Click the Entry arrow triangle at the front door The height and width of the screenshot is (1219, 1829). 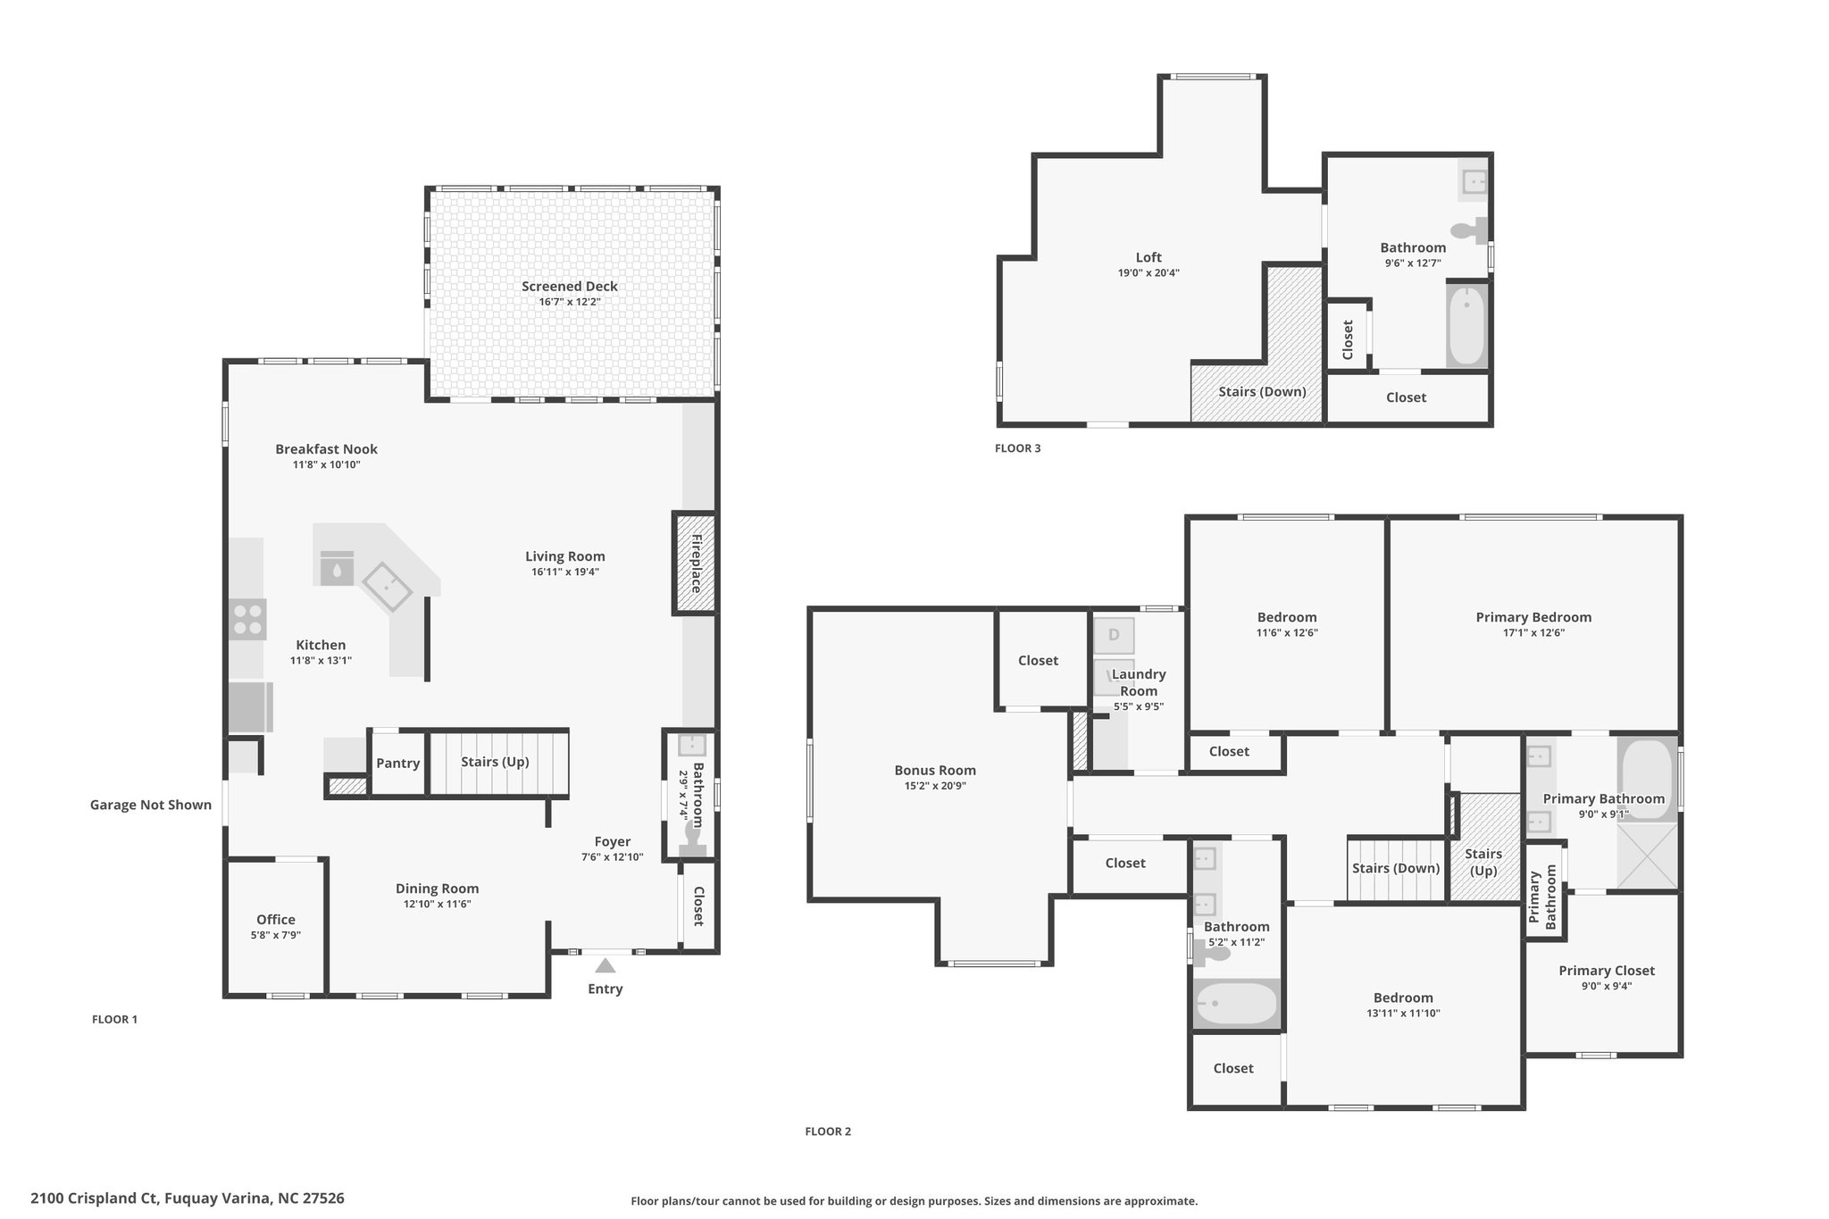[x=605, y=965]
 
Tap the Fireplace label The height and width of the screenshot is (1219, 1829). [x=696, y=564]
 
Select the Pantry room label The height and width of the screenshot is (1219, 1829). [x=397, y=763]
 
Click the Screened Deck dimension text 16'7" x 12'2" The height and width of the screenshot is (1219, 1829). [x=570, y=302]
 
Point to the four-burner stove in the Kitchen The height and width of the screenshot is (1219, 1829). [x=247, y=619]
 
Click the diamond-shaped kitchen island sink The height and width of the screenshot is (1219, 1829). [x=387, y=586]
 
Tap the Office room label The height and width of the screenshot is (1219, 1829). [x=276, y=920]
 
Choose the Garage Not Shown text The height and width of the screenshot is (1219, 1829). [x=151, y=805]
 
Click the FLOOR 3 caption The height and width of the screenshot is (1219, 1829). [x=1018, y=448]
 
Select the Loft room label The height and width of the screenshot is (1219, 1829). [x=1148, y=257]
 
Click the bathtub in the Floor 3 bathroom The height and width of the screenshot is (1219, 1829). [x=1466, y=325]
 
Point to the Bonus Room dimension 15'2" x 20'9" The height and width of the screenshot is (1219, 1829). [x=935, y=786]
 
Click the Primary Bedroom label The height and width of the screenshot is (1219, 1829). [x=1533, y=617]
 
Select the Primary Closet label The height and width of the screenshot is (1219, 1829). [x=1607, y=971]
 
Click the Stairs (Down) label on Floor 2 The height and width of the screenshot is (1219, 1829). [x=1396, y=868]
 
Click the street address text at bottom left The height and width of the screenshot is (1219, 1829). [x=188, y=1198]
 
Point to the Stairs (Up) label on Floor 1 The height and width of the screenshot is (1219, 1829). [x=495, y=762]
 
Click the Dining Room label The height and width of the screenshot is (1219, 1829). [x=438, y=889]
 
